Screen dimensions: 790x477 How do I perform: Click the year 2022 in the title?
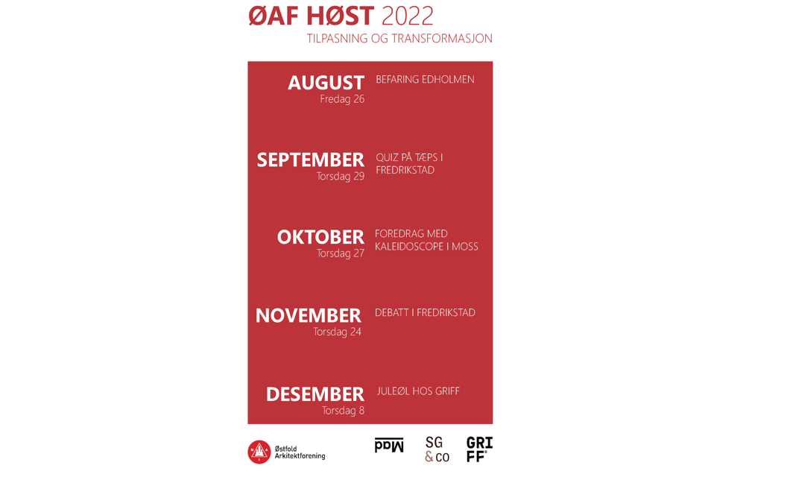coord(407,16)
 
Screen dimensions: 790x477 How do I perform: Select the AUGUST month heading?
coord(326,83)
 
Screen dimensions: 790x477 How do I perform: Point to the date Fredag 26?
coord(342,99)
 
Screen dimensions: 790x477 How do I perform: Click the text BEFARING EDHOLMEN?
coord(425,80)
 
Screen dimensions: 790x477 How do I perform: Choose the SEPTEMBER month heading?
coord(310,159)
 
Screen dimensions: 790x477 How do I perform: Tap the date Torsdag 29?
coord(340,177)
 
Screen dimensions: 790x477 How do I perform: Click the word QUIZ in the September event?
coord(387,158)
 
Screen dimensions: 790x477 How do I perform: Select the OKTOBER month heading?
coord(320,237)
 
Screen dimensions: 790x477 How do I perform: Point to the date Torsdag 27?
coord(340,253)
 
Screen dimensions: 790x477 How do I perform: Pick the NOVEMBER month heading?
coord(309,316)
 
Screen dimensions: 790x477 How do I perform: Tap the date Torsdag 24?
coord(337,332)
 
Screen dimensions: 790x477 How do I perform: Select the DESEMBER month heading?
coord(315,394)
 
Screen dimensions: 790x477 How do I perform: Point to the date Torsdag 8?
coord(343,411)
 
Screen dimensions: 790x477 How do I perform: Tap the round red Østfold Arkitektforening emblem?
coord(259,452)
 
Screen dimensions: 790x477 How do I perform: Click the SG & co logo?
coord(437,449)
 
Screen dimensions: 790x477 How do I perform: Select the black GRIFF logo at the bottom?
coord(479,449)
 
